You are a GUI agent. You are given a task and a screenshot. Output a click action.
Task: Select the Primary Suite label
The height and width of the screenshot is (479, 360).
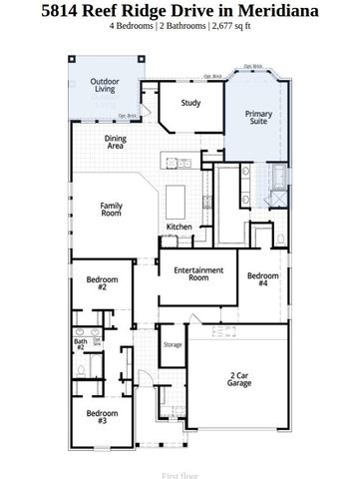coord(258,119)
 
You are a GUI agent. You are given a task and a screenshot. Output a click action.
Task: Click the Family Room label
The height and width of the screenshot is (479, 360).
coord(110,209)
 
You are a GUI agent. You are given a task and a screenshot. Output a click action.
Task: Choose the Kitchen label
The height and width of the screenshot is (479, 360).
coord(179,228)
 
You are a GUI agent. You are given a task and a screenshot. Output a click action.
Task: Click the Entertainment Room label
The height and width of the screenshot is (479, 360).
coord(197,273)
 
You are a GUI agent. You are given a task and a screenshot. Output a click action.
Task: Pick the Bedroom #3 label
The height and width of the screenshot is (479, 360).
coord(101,417)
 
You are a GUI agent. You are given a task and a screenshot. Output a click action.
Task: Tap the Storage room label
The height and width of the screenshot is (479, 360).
coord(173,344)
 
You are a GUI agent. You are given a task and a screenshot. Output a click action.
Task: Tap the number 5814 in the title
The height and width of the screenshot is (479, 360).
coord(34,10)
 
